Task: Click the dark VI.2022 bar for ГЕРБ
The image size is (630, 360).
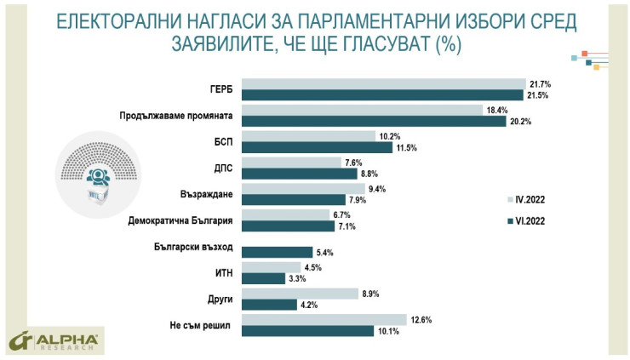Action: coord(383,94)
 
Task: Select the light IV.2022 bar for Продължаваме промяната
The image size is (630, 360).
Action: coord(363,111)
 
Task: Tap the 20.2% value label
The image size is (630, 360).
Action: coord(521,121)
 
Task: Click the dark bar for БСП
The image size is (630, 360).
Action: coord(317,147)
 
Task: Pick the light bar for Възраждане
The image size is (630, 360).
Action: coord(303,189)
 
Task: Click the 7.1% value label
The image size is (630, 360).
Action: coord(346,226)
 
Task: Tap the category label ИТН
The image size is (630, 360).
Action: coord(223,273)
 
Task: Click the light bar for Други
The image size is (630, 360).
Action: coord(300,294)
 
